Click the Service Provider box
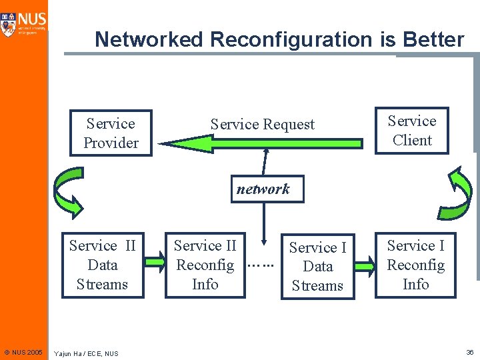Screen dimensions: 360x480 pyautogui.click(x=111, y=133)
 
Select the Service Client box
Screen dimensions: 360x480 pyautogui.click(x=411, y=131)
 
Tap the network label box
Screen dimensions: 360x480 pyautogui.click(x=263, y=189)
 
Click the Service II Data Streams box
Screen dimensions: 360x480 pyautogui.click(x=102, y=265)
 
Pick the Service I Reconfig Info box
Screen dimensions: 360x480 pyautogui.click(x=415, y=265)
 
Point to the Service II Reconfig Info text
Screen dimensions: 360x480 pyautogui.click(x=205, y=265)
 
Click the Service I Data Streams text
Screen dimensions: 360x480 pyautogui.click(x=317, y=266)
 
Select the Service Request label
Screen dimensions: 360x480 pyautogui.click(x=262, y=124)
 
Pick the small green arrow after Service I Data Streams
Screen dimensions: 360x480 pyautogui.click(x=365, y=265)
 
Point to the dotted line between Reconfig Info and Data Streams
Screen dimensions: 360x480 pyautogui.click(x=261, y=265)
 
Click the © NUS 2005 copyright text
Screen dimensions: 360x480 pyautogui.click(x=23, y=351)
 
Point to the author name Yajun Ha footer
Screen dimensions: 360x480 pyautogui.click(x=86, y=353)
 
